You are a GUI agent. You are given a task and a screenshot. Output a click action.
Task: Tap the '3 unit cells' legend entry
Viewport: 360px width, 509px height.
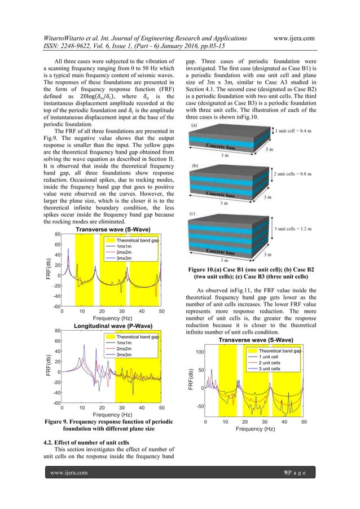(270, 369)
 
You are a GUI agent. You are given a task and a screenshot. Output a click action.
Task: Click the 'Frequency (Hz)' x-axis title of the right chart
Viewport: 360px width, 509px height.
(254, 429)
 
